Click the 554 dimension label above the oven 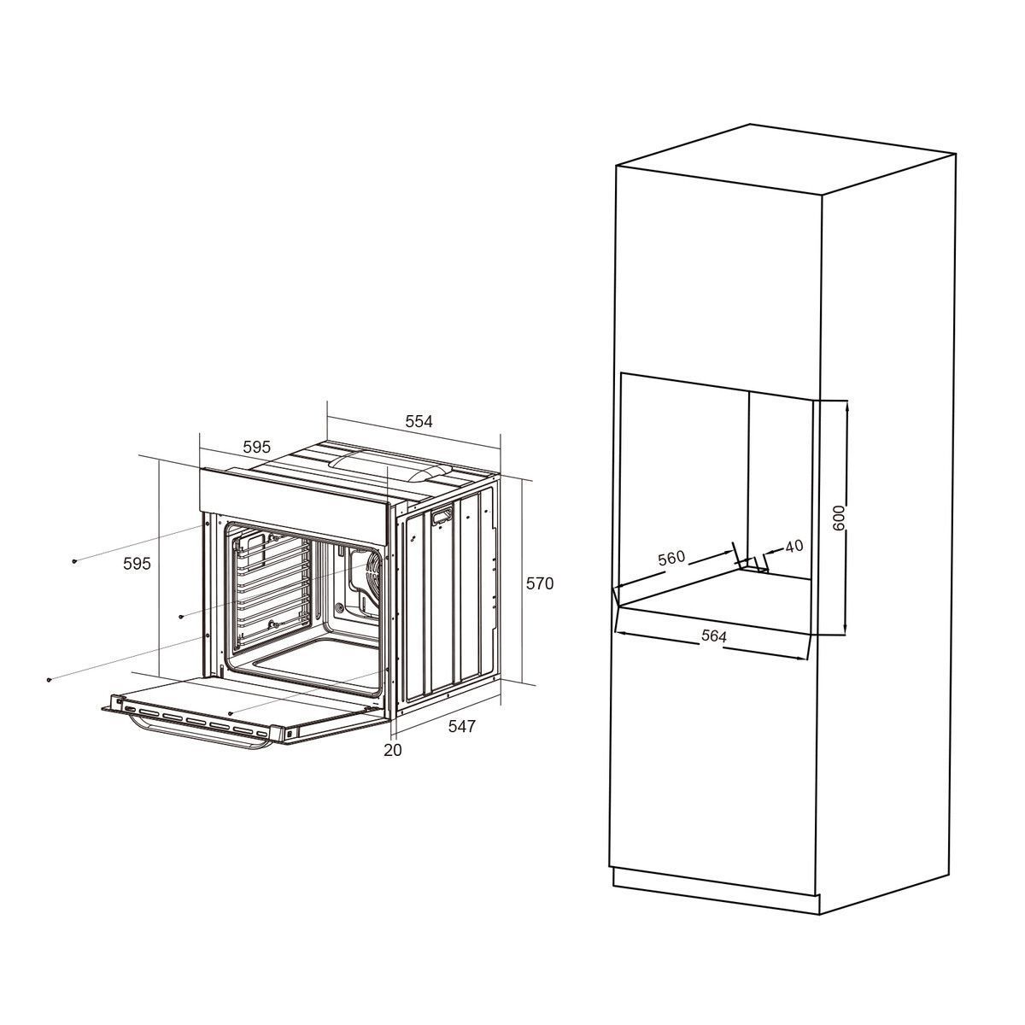419,421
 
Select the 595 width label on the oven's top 257,447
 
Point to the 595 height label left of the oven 138,563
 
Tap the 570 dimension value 540,583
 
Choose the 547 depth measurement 462,726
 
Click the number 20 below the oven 393,750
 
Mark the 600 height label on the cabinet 838,518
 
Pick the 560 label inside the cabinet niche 672,559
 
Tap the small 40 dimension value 794,546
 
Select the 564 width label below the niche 714,635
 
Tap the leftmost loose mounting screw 49,679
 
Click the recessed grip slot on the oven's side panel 442,514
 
